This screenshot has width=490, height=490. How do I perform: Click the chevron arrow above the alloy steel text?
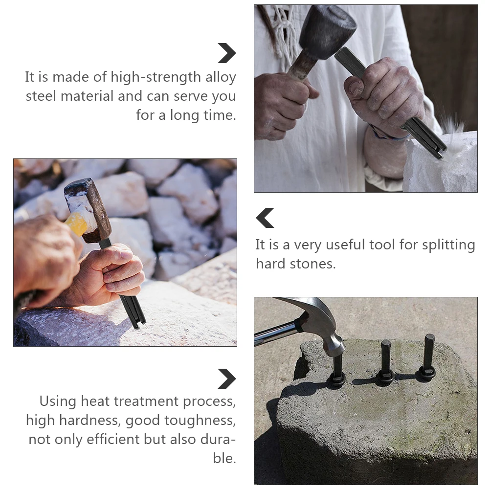point(227,53)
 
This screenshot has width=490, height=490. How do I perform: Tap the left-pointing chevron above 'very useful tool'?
point(265,218)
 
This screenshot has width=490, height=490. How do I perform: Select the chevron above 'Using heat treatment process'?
point(227,379)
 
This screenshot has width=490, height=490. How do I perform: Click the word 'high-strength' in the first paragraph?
point(156,77)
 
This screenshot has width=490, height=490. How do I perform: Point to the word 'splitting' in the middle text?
point(448,245)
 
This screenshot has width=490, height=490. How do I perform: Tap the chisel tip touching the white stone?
point(440,154)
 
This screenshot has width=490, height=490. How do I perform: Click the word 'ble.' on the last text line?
point(224,458)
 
